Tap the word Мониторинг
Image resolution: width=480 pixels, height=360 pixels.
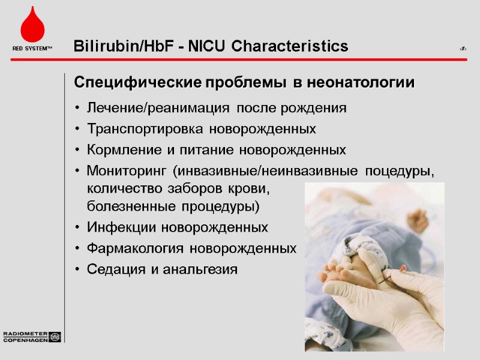tap(127, 170)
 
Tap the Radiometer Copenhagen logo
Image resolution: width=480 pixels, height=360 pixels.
tap(32, 336)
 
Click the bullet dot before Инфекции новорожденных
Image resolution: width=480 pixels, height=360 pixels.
tap(79, 229)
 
